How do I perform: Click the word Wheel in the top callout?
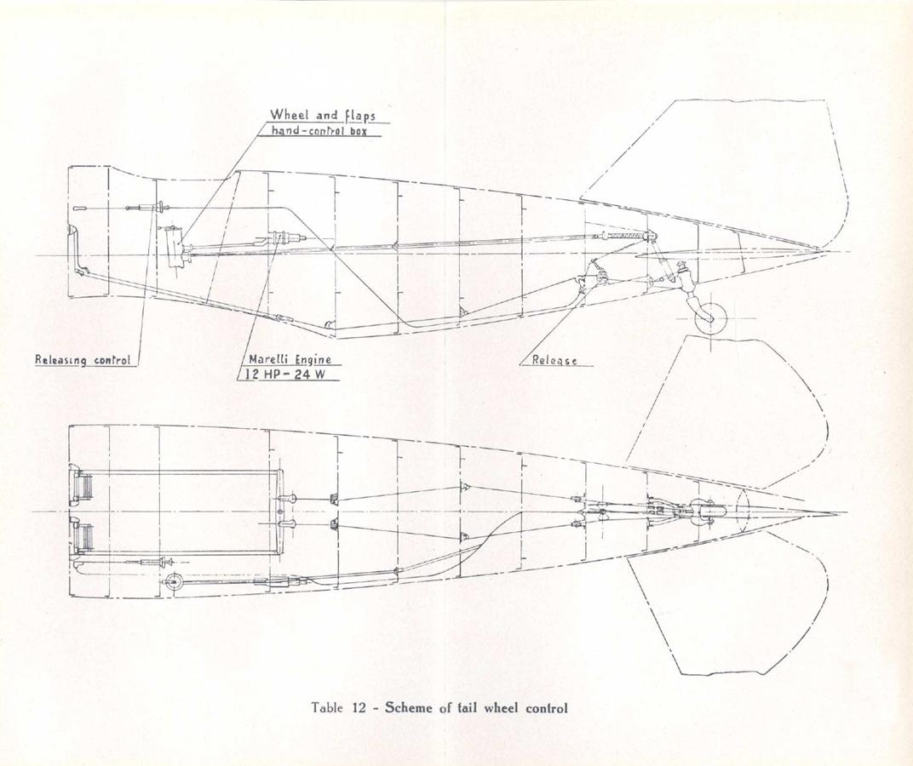[x=288, y=115]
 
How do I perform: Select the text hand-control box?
[x=319, y=130]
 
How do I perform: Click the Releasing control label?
[x=83, y=360]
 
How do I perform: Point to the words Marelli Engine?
[x=290, y=359]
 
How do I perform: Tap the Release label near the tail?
[x=554, y=360]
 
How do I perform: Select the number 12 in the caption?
[x=359, y=708]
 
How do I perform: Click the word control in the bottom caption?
[x=546, y=708]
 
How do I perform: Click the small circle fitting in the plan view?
[x=172, y=581]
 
